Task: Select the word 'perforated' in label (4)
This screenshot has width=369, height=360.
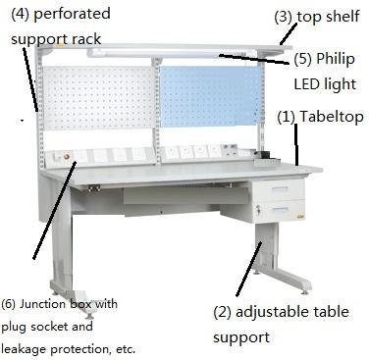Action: [71, 14]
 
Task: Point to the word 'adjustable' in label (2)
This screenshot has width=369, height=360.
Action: [279, 312]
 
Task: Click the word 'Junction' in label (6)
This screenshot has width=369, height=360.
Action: [53, 304]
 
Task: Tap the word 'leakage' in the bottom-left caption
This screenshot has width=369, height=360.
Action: [34, 348]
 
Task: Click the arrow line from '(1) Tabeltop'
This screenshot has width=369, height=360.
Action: [295, 144]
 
